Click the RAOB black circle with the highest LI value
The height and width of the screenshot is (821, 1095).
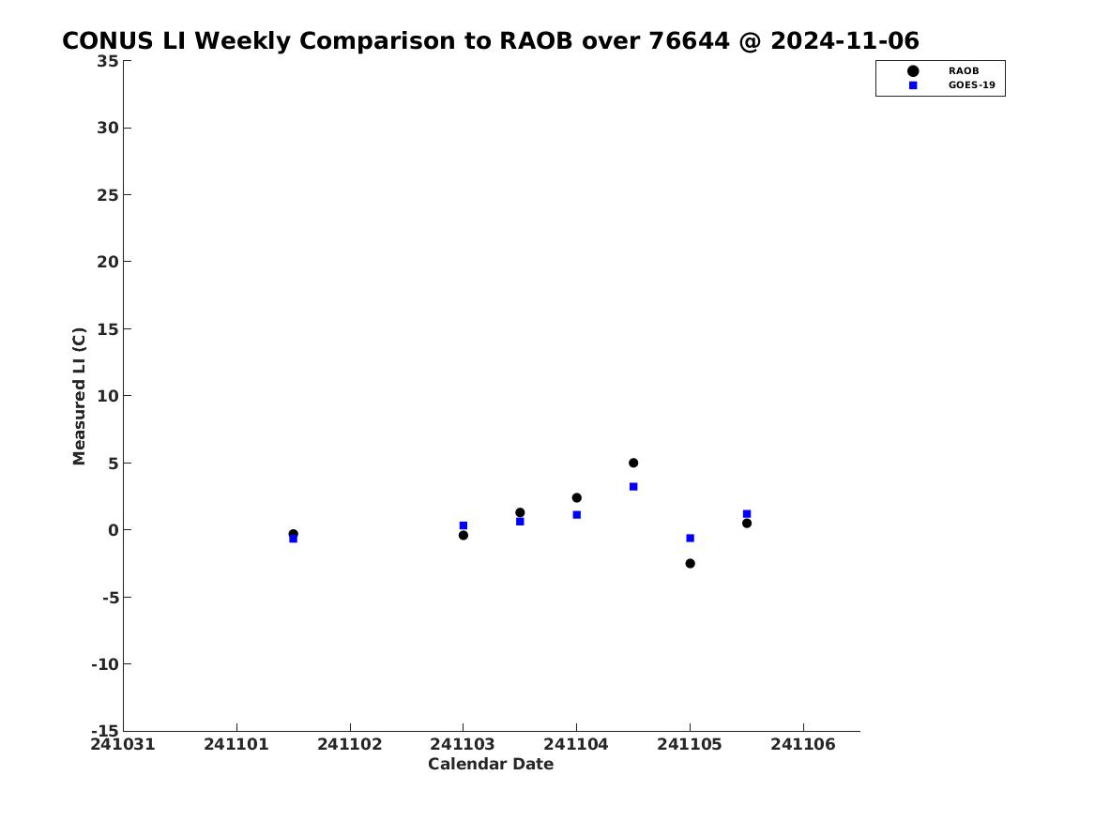click(x=633, y=463)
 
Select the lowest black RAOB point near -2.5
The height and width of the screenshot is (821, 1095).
click(x=690, y=563)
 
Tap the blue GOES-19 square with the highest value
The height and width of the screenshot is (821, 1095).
click(x=633, y=487)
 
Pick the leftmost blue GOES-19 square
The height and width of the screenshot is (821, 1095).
click(x=294, y=539)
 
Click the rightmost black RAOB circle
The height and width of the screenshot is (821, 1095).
click(x=747, y=523)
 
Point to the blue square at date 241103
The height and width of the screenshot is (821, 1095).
click(x=463, y=525)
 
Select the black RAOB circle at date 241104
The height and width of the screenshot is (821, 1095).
click(x=577, y=498)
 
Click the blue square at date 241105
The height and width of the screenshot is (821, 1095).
click(x=690, y=539)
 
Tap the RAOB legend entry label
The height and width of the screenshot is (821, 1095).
click(x=964, y=70)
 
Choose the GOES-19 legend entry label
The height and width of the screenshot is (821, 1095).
click(x=971, y=85)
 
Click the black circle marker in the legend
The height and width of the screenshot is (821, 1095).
click(x=913, y=70)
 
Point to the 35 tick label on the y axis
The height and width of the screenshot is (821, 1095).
click(x=108, y=61)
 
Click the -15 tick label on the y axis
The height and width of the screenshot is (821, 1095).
click(x=105, y=731)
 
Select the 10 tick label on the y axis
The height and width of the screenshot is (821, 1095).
click(x=108, y=396)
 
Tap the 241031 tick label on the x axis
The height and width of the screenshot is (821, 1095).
click(x=123, y=744)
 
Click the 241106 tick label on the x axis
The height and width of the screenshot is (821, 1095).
click(x=803, y=744)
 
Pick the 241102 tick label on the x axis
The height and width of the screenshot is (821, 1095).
click(x=350, y=744)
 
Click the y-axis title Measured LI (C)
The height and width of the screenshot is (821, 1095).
click(x=79, y=396)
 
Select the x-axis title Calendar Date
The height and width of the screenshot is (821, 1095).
click(x=491, y=765)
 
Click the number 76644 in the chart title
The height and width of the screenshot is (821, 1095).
click(x=690, y=40)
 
